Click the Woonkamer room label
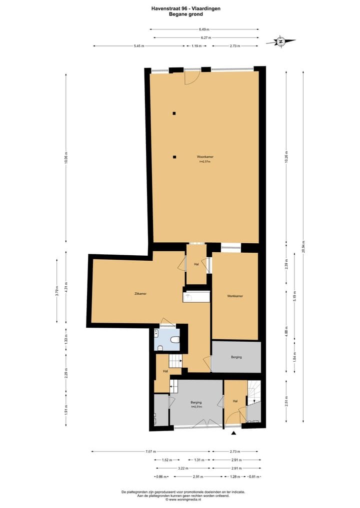[204, 157]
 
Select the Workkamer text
[235, 296]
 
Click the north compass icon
[281, 41]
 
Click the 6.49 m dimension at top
[204, 29]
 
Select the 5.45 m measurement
[138, 46]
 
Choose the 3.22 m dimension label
[182, 468]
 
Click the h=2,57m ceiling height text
[204, 161]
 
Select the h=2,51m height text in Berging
[196, 407]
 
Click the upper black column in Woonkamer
[174, 113]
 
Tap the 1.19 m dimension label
[196, 46]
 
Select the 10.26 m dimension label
[286, 157]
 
